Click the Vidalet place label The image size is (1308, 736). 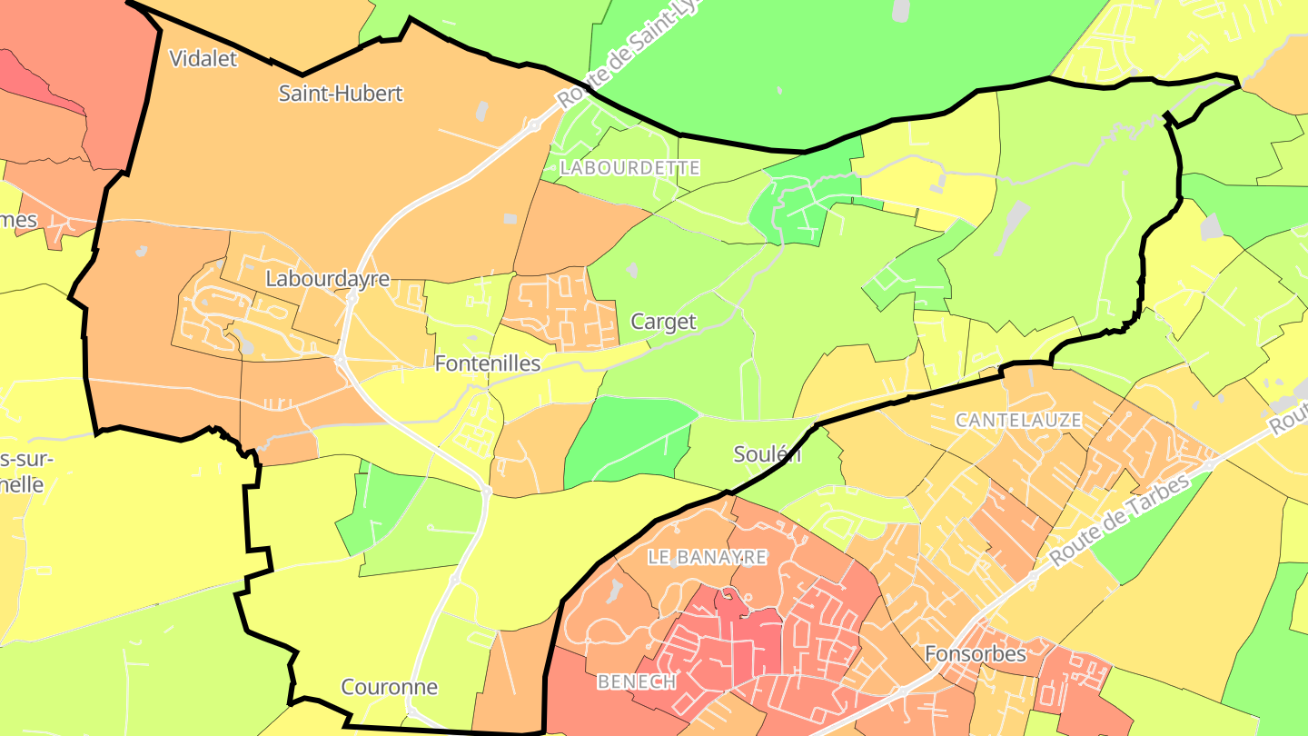click(203, 59)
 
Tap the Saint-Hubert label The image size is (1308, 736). click(341, 94)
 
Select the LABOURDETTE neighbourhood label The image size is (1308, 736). click(630, 168)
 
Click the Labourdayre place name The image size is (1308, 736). click(327, 279)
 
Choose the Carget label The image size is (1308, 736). click(664, 322)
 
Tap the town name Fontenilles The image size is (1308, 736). click(488, 363)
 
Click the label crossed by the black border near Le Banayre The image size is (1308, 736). click(768, 454)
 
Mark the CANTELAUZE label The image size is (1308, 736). click(1019, 420)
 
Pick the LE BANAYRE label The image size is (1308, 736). click(708, 557)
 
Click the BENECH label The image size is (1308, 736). click(636, 681)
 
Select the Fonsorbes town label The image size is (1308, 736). click(976, 654)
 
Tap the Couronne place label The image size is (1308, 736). click(389, 687)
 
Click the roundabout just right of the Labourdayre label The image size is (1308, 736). click(351, 296)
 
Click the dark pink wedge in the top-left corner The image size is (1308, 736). click(36, 77)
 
